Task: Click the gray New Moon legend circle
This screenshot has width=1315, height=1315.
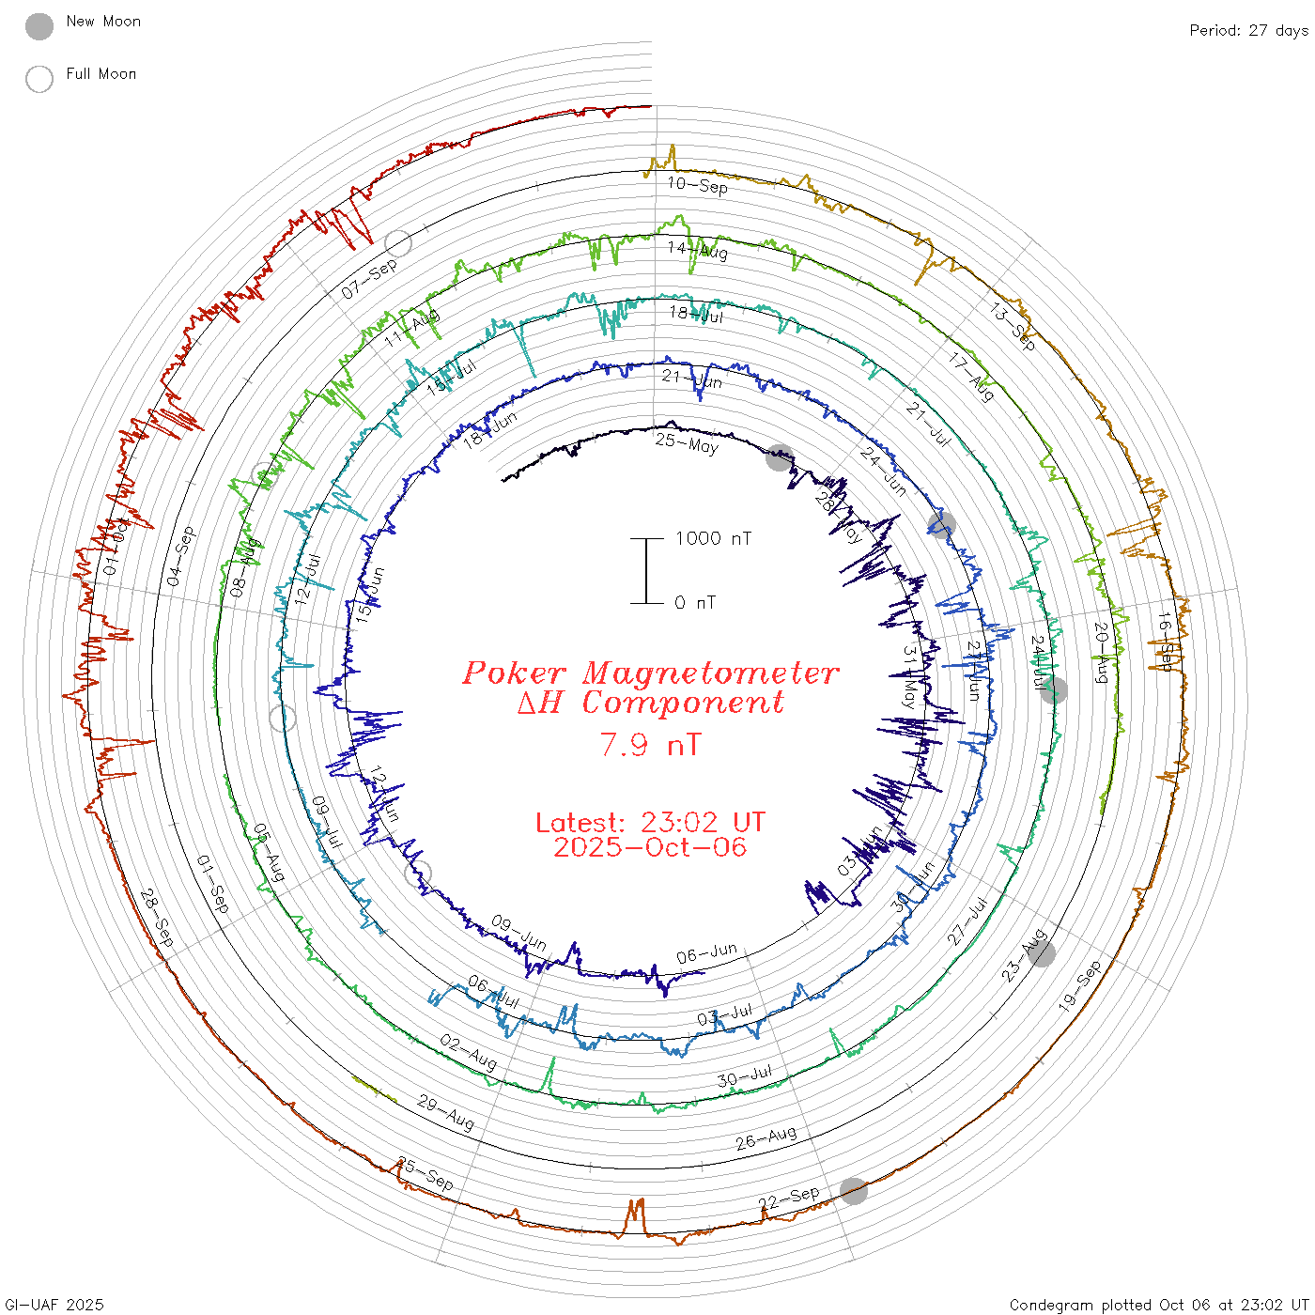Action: click(39, 26)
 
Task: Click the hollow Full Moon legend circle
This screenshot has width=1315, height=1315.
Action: click(39, 79)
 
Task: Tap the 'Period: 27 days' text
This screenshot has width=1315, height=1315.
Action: click(1248, 31)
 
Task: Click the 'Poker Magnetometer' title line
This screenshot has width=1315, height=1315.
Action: click(650, 673)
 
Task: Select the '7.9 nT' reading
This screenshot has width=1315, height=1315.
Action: click(650, 745)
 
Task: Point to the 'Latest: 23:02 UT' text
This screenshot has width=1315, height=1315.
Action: click(650, 823)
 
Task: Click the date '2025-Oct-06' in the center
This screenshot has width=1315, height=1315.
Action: click(650, 847)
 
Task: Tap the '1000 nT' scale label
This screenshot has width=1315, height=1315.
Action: click(713, 538)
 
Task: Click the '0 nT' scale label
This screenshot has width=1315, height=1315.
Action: click(694, 603)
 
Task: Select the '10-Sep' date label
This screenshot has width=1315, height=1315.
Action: click(697, 185)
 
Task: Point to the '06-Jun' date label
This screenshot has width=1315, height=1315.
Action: click(706, 954)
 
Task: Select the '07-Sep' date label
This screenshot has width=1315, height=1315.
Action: click(369, 279)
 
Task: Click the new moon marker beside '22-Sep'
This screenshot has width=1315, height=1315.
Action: click(854, 1191)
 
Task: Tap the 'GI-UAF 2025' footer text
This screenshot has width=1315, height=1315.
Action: click(54, 1305)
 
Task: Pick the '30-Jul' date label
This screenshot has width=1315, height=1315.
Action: click(744, 1076)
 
